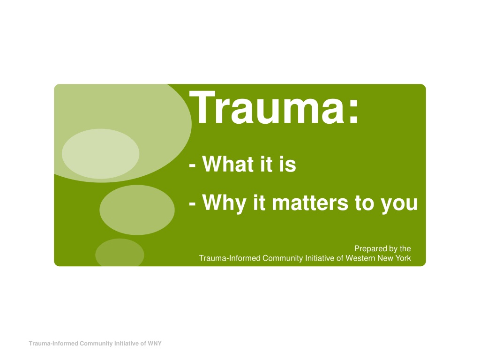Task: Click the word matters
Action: coord(310,202)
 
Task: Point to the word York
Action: coord(403,258)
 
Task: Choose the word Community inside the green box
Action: coord(282,258)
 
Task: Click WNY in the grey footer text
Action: coord(155,344)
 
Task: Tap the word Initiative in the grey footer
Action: coord(126,344)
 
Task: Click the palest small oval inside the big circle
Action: coord(100,154)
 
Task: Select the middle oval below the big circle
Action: coord(137,210)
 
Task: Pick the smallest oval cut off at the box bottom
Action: coord(120,253)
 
